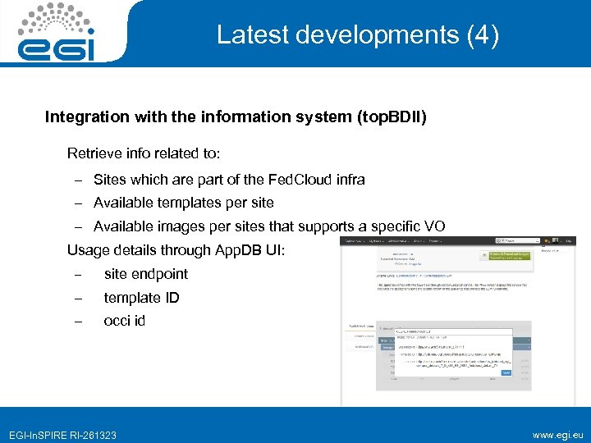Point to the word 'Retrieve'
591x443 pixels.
(94, 153)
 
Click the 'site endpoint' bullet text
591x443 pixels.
(146, 274)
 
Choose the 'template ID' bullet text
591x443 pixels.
(141, 298)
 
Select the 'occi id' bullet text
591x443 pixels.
(124, 321)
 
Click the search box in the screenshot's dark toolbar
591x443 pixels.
(517, 241)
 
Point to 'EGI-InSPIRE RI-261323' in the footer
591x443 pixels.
(62, 434)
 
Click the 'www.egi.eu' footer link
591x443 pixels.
(557, 434)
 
